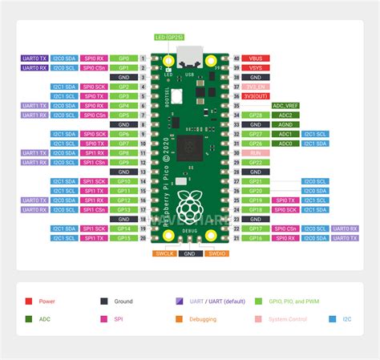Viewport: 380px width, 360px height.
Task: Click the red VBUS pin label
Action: pos(257,59)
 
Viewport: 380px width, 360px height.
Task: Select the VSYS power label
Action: pos(257,68)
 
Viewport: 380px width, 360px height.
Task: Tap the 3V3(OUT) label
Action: pos(257,96)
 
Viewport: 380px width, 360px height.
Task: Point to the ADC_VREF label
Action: pos(285,106)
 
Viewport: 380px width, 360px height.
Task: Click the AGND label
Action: pos(285,124)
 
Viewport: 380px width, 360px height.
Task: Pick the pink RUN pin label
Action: pos(257,152)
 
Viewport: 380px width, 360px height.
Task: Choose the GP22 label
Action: pos(257,162)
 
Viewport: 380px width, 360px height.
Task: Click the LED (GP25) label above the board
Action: pos(168,38)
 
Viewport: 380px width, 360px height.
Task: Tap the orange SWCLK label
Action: pos(165,253)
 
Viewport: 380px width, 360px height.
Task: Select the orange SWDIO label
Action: pos(215,253)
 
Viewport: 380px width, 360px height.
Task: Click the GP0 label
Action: pos(123,59)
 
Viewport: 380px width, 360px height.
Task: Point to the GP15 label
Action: pos(123,237)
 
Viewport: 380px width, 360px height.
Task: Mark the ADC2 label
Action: pos(285,115)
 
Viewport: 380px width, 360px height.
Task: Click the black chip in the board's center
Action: pos(190,145)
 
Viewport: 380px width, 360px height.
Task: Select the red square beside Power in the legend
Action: pos(29,301)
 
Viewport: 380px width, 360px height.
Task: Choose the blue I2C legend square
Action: pos(333,319)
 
